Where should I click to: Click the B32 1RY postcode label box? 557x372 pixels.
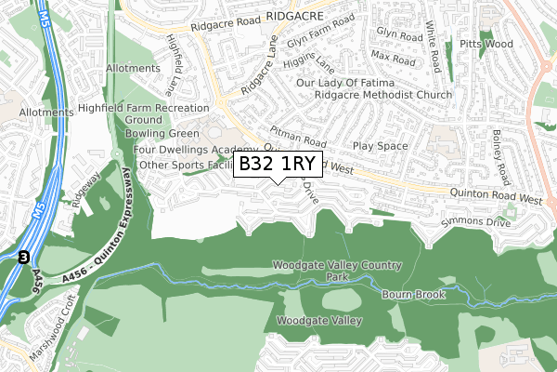click(x=278, y=165)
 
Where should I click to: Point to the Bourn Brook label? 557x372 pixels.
click(x=414, y=295)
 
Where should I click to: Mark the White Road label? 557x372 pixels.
click(x=434, y=48)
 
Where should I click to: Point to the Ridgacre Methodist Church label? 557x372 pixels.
click(x=383, y=96)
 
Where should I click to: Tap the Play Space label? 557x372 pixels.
click(x=381, y=147)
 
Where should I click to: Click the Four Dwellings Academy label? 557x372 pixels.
click(x=195, y=149)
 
